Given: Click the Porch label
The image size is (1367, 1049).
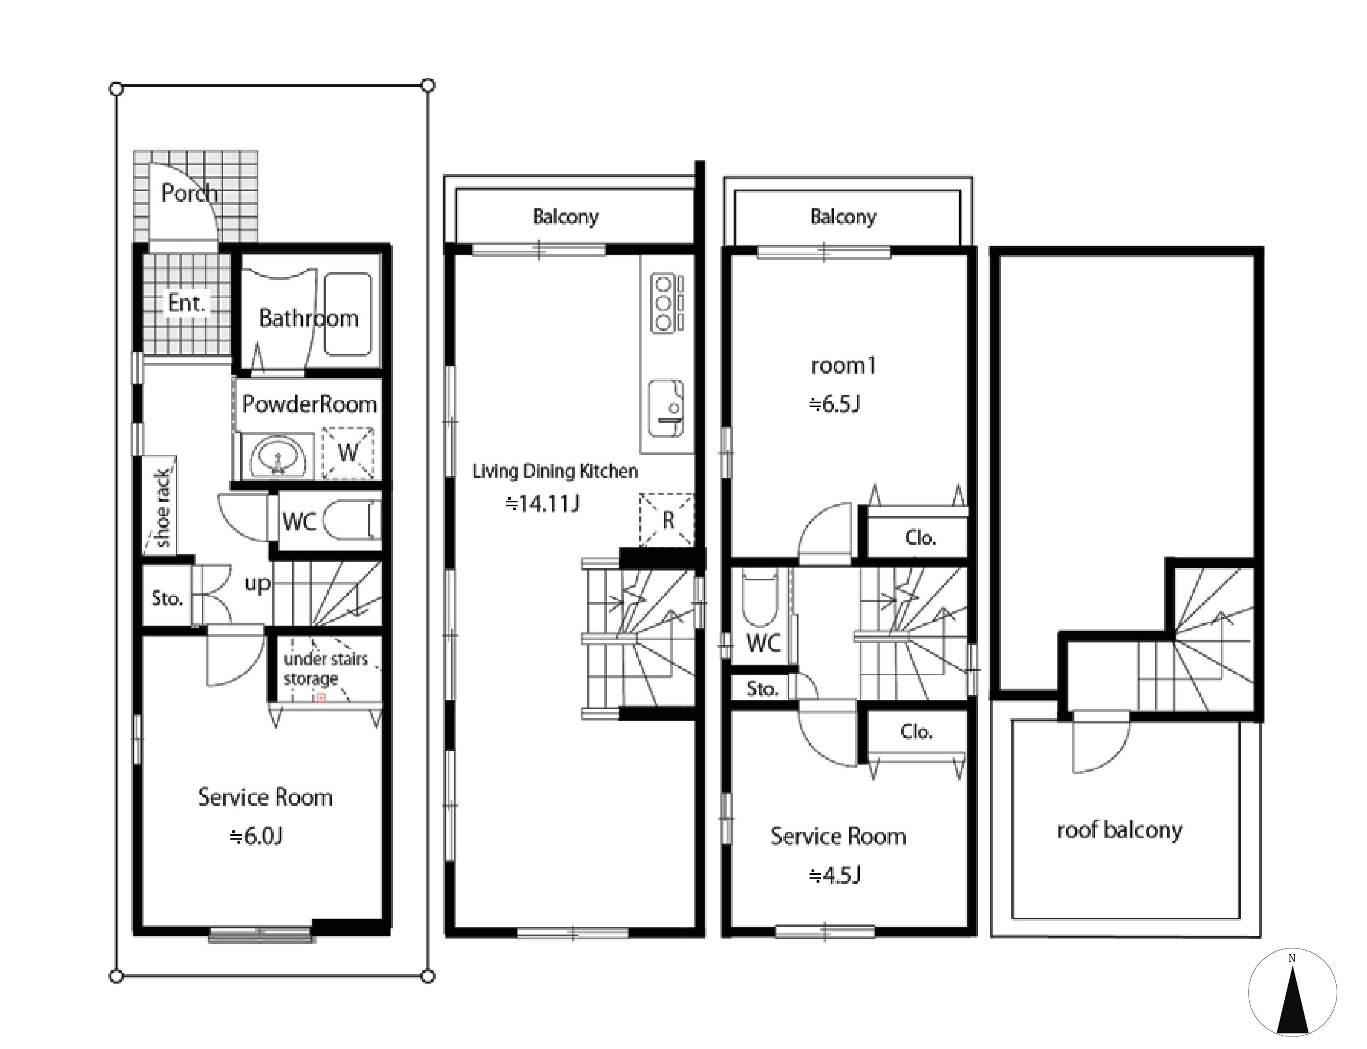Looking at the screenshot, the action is (189, 193).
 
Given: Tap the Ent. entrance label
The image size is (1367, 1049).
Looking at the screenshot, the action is (187, 304).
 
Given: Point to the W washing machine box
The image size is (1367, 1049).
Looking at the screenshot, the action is (348, 453).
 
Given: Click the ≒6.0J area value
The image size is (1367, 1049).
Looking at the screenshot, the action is (256, 836).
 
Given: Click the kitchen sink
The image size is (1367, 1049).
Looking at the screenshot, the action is (666, 409).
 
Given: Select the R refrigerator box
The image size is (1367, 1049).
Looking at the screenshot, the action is (666, 520).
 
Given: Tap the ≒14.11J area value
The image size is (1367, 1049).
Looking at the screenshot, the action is (542, 503).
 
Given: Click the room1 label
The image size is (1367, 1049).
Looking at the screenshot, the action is (843, 365).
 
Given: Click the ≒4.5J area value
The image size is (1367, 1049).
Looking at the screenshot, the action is (835, 876).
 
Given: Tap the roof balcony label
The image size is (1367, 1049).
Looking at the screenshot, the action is (1120, 830).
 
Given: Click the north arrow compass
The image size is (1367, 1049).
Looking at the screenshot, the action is (1292, 992).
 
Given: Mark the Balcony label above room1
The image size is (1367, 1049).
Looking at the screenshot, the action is (843, 217).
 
